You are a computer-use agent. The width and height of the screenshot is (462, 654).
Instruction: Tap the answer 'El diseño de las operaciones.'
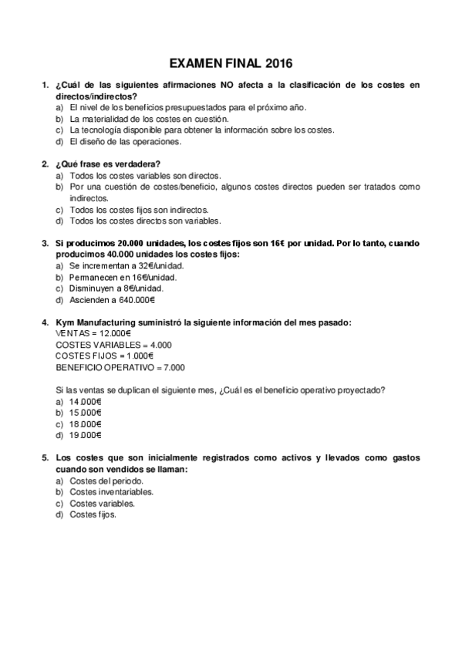coord(114,142)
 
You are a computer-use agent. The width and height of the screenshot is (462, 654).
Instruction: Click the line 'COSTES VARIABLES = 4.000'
coord(114,345)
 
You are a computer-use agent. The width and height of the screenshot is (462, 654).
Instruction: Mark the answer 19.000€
coord(86,435)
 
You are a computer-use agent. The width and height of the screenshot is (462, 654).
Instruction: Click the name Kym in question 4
coord(65,322)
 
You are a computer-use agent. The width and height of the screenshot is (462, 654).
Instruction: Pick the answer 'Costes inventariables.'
coord(111,491)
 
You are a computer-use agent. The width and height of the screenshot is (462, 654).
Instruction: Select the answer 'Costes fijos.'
coord(93,514)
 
